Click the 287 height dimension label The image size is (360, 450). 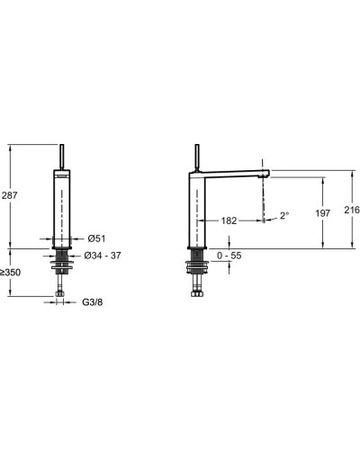(10, 195)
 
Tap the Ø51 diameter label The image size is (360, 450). (96, 238)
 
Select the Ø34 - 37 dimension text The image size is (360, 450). (103, 256)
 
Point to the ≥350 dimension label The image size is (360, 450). (11, 273)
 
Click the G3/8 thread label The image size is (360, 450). (93, 302)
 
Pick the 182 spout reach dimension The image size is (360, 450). (229, 220)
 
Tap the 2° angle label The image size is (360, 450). (284, 215)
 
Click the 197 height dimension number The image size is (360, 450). (323, 213)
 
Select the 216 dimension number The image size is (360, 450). (352, 210)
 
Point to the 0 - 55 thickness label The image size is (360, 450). (229, 256)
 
